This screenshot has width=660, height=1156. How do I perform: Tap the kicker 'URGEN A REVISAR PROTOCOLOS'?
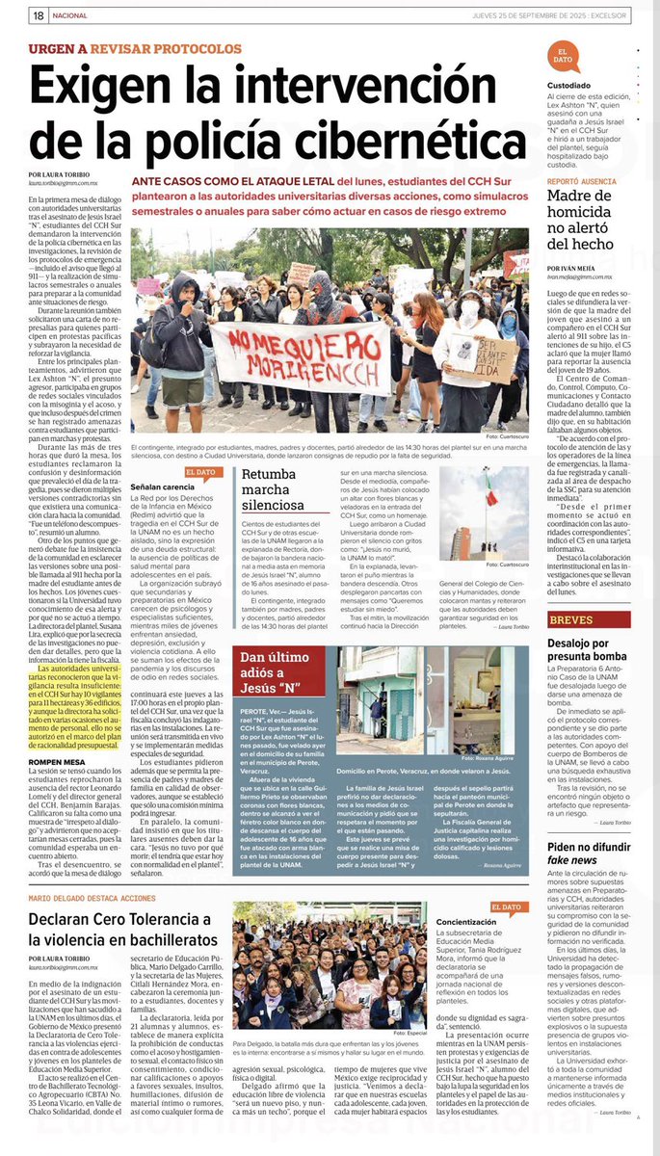pyautogui.click(x=136, y=48)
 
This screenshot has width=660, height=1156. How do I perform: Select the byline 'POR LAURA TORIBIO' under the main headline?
pyautogui.click(x=62, y=174)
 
